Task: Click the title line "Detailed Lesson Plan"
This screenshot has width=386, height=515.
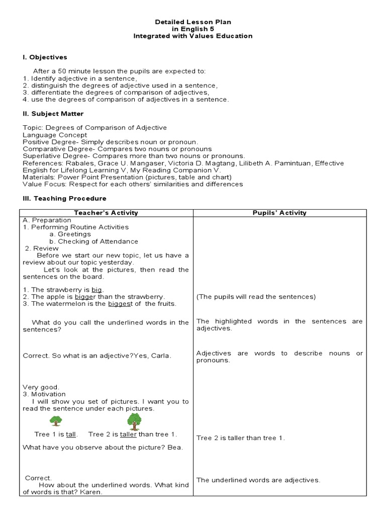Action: pyautogui.click(x=192, y=22)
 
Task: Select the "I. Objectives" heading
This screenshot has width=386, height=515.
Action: pyautogui.click(x=45, y=57)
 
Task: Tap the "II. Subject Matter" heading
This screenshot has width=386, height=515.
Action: pyautogui.click(x=53, y=114)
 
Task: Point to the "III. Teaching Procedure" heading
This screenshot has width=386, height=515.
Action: pyautogui.click(x=64, y=198)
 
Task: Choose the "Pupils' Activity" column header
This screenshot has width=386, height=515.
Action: pyautogui.click(x=279, y=213)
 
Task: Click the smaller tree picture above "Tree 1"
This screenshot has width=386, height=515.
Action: pyautogui.click(x=55, y=420)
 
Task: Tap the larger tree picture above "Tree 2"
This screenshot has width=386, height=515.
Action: pyautogui.click(x=134, y=419)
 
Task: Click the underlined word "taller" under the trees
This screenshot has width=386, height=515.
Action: pyautogui.click(x=128, y=434)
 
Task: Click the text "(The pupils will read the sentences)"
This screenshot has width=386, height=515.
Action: pyautogui.click(x=256, y=297)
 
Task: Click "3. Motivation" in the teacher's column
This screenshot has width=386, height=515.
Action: pyautogui.click(x=44, y=394)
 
